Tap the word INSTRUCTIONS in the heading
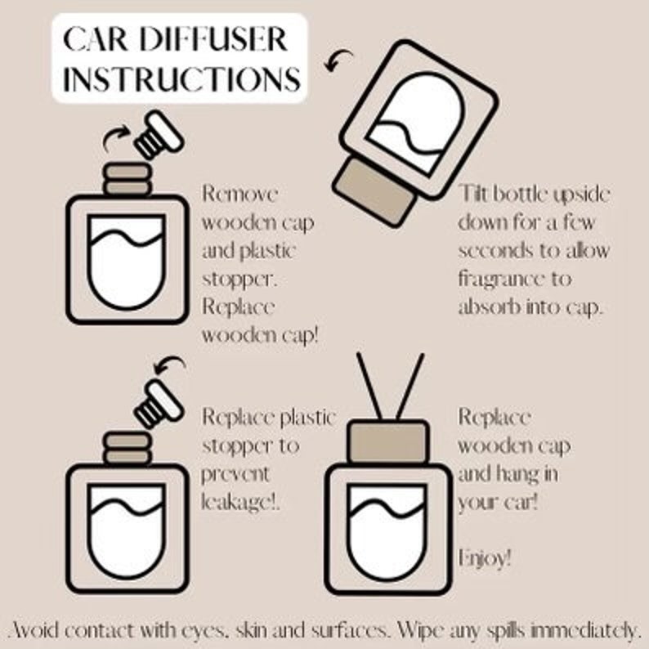pyautogui.click(x=181, y=80)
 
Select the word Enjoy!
pyautogui.click(x=485, y=559)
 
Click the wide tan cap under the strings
pyautogui.click(x=387, y=441)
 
